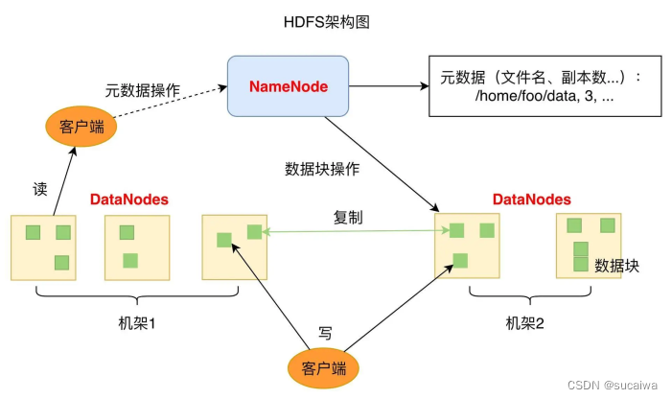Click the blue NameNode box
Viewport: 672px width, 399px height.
click(x=288, y=86)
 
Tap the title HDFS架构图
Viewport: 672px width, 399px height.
click(x=327, y=22)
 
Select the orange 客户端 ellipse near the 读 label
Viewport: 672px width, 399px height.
click(x=81, y=127)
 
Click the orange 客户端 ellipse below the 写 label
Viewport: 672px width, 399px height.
click(x=323, y=368)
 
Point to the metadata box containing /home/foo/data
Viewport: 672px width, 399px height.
click(x=545, y=85)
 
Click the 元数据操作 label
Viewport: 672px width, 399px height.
click(x=143, y=90)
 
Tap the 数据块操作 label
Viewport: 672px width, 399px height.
click(x=322, y=169)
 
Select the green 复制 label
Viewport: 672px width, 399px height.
click(x=348, y=218)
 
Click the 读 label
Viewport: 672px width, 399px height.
click(x=40, y=189)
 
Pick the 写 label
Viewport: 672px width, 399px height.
click(x=325, y=333)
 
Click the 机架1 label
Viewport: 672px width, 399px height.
click(x=137, y=323)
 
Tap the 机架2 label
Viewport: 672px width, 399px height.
click(x=524, y=323)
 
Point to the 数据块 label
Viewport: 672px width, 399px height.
click(x=616, y=266)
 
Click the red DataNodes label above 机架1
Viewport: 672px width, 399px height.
click(x=129, y=199)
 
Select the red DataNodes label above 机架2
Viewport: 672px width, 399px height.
click(x=532, y=199)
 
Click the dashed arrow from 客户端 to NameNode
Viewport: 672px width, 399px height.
click(x=171, y=102)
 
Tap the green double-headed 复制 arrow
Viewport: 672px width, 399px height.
click(x=356, y=231)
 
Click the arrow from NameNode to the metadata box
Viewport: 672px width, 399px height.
click(x=388, y=86)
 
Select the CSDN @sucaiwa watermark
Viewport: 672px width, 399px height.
click(x=613, y=385)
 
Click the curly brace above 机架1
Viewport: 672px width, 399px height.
click(x=137, y=294)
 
